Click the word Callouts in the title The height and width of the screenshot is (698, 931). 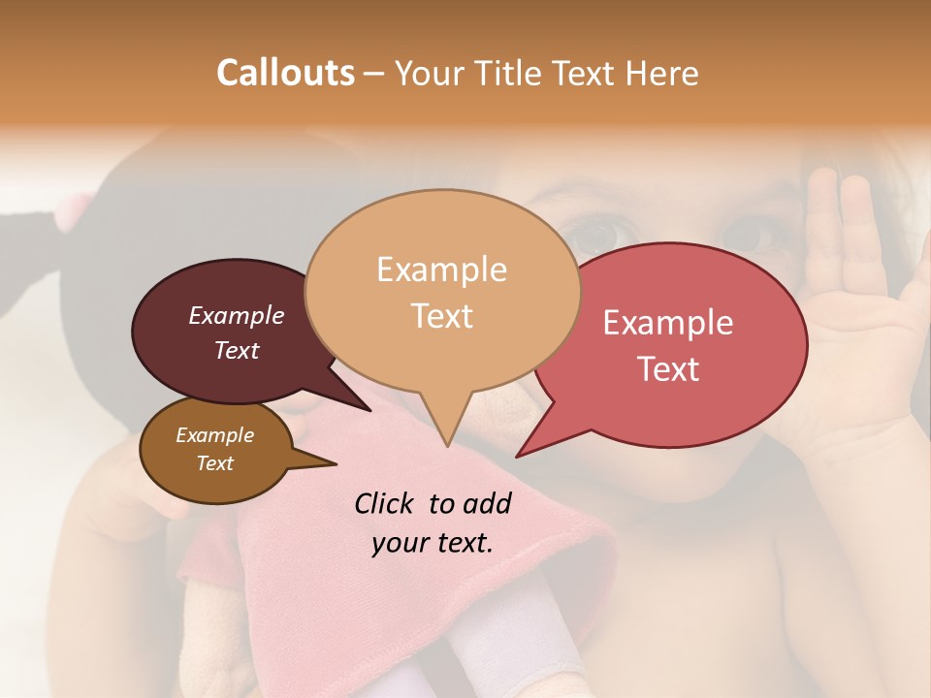tap(285, 73)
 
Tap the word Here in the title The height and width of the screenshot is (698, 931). tap(661, 73)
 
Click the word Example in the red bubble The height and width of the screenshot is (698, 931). tap(668, 323)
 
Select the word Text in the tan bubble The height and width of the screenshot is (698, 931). tap(442, 316)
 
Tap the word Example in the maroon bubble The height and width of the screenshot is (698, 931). tap(236, 316)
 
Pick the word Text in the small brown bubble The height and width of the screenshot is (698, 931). tap(215, 463)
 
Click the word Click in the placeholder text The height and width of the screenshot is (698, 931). tap(386, 503)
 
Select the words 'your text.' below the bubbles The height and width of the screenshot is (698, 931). tap(433, 542)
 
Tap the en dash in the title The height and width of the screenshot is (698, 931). tap(375, 74)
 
